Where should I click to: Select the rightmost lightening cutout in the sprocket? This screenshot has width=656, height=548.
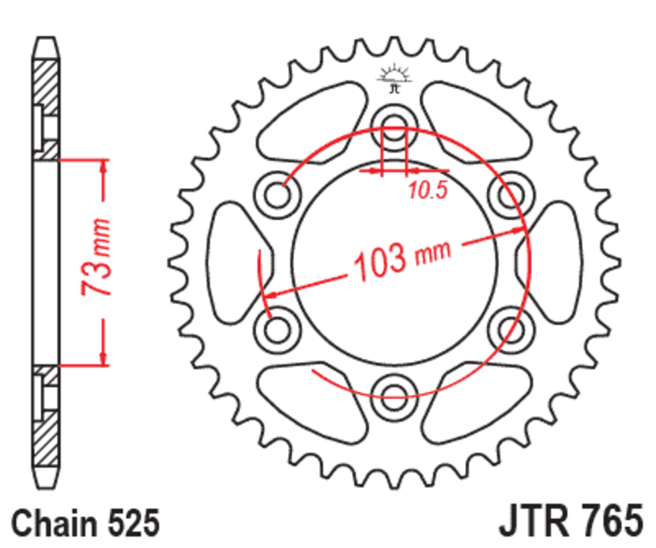click(x=558, y=261)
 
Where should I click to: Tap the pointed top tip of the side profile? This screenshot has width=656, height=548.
click(x=47, y=39)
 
